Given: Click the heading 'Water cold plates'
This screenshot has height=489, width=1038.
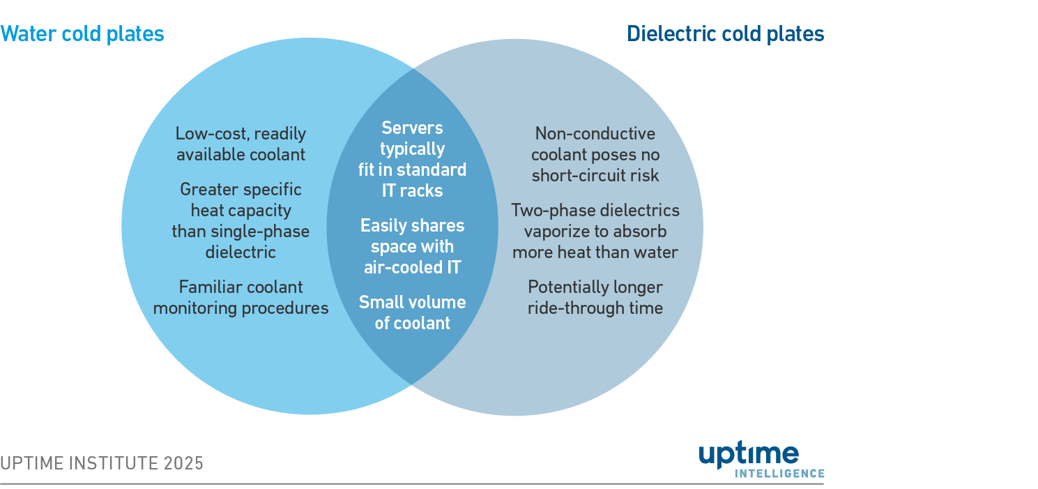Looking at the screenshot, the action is pyautogui.click(x=82, y=34).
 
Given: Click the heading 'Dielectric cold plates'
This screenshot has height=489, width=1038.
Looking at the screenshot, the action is pyautogui.click(x=726, y=34).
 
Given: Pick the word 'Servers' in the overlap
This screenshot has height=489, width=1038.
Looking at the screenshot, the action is pyautogui.click(x=412, y=128).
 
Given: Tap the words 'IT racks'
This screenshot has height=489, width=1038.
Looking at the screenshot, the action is pyautogui.click(x=412, y=190).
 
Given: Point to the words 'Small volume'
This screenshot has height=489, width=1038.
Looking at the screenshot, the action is pyautogui.click(x=413, y=302).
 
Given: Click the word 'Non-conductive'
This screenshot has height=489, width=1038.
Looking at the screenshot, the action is pyautogui.click(x=595, y=133).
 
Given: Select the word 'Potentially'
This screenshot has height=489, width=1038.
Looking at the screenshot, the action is pyautogui.click(x=567, y=287).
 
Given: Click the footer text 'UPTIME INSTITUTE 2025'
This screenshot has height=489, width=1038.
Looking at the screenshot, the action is pyautogui.click(x=102, y=463).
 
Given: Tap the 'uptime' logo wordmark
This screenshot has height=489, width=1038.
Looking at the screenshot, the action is pyautogui.click(x=749, y=456).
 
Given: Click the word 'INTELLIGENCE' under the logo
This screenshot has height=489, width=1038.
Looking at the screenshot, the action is pyautogui.click(x=779, y=473).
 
